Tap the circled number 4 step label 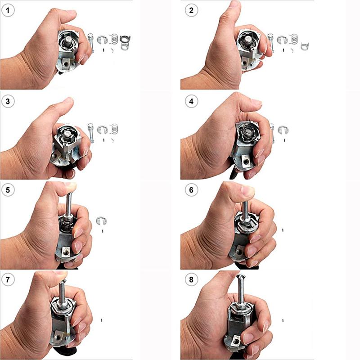[x=191, y=102]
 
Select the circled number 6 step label [x=191, y=190]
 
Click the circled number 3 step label [x=7, y=102]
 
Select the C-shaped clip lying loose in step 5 [x=102, y=220]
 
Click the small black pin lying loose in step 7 [x=103, y=320]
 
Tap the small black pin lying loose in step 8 [x=283, y=320]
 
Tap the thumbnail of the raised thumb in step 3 [x=67, y=99]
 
